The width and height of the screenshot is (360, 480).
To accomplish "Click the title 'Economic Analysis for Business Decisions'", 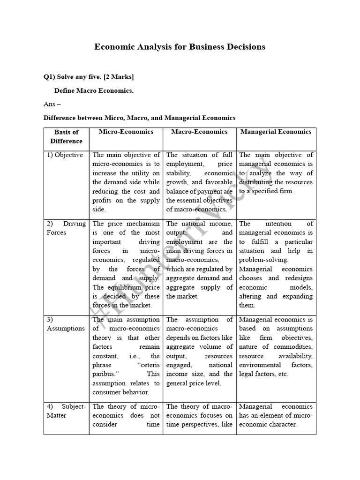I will (180, 47).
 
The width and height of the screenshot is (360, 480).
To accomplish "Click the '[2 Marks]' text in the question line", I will (121, 77).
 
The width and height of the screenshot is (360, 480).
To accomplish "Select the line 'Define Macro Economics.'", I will (94, 90).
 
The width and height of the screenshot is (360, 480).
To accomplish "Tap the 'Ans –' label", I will (52, 104).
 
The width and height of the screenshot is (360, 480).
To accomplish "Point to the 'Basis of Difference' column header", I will (66, 136).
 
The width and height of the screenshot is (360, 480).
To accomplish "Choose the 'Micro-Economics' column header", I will (126, 132).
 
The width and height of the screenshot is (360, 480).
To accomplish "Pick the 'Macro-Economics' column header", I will (199, 132).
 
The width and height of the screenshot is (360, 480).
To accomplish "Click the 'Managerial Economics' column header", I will (276, 132).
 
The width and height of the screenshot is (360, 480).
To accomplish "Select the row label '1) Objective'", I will (65, 155).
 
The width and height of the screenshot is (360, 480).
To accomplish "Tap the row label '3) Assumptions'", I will (66, 329).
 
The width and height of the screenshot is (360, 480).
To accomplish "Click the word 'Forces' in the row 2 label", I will (57, 232).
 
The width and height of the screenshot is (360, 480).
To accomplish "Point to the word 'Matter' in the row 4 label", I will (57, 415).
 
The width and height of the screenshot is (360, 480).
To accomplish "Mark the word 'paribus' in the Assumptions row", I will (105, 374).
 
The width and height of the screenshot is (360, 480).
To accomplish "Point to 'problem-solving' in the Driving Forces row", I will (263, 260).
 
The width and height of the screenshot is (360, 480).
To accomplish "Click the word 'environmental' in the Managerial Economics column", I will (260, 365).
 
